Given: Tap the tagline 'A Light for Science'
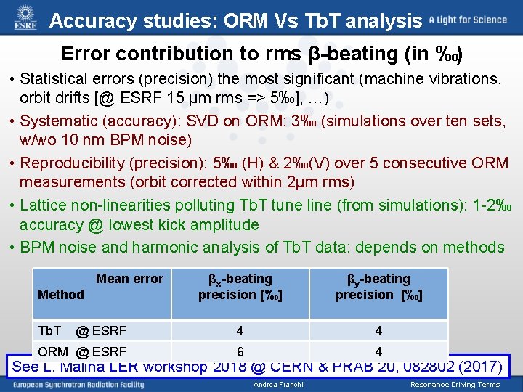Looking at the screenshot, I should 467,20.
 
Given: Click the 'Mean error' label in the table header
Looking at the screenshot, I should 129,279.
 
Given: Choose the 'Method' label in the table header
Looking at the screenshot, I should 60,295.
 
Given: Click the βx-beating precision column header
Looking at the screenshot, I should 240,287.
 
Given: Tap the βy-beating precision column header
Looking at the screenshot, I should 378,287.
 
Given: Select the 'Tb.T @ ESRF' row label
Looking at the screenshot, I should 81,331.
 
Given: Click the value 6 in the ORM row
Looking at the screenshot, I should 240,351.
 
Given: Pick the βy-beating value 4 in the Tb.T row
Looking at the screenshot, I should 378,331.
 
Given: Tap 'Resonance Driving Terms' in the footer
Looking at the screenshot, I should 455,385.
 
